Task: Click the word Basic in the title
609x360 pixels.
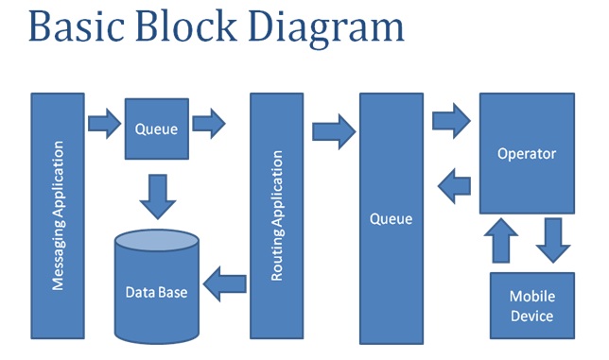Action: click(80, 28)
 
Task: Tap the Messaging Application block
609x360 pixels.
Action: click(58, 215)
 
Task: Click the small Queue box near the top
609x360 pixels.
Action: click(156, 129)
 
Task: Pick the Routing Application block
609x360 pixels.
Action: click(276, 215)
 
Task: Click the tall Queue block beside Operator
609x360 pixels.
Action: click(391, 218)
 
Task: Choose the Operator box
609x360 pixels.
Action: click(526, 153)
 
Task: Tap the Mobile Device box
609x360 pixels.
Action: click(531, 305)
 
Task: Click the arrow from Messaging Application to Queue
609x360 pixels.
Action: click(103, 123)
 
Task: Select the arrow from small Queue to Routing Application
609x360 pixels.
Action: click(209, 123)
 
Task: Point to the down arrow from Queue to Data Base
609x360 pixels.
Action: click(156, 193)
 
